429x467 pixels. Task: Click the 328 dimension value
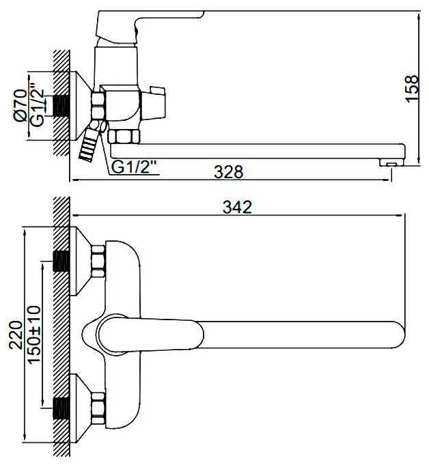[228, 172]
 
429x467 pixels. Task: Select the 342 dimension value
[238, 207]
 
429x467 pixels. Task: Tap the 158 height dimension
[413, 89]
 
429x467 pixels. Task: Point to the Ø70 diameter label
[21, 105]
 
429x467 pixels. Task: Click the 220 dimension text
[16, 335]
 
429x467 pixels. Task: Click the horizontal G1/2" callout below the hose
[134, 167]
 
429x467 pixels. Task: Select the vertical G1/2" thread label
[38, 104]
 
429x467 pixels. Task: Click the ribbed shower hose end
[87, 147]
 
